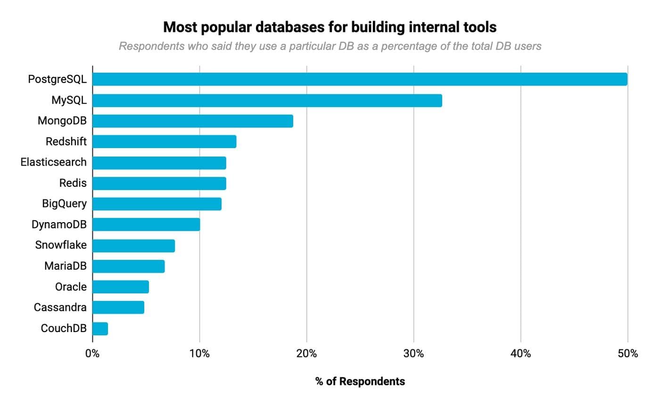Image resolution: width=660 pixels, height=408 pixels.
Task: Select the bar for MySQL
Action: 267,100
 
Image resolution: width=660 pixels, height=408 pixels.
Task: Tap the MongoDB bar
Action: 193,121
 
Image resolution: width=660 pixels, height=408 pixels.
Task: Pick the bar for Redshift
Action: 165,142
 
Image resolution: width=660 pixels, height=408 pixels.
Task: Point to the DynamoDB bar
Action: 146,225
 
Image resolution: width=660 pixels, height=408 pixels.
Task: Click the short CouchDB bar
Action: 100,329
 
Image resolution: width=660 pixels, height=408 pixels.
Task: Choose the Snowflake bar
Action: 134,246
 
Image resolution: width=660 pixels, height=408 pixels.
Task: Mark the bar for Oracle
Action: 121,287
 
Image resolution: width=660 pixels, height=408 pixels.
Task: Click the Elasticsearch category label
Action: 54,162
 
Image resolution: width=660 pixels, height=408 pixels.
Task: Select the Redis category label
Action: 73,183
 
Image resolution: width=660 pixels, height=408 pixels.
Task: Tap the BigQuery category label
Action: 65,204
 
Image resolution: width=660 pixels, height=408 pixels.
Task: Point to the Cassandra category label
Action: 60,308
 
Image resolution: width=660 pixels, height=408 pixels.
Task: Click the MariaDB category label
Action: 66,266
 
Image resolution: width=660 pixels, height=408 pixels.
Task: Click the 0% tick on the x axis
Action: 92,353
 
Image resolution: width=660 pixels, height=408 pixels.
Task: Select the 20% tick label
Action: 306,353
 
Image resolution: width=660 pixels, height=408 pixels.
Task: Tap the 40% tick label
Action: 520,353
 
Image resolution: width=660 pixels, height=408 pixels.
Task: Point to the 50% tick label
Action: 627,353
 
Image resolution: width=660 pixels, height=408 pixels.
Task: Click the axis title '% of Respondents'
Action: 360,382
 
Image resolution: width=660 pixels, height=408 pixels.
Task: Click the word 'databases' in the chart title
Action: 286,27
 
